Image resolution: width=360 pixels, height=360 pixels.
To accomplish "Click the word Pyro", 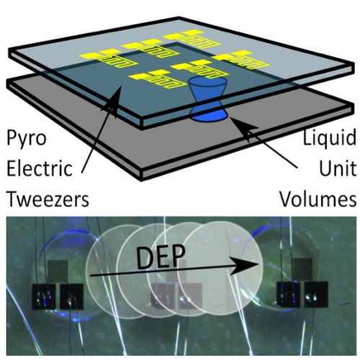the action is [27, 139].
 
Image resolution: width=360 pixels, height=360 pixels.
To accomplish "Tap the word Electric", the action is [40, 168].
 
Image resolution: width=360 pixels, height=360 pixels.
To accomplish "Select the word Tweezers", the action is [48, 199].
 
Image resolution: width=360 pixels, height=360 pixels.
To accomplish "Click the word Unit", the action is [338, 168].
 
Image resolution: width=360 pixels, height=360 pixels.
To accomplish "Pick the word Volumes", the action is [317, 199].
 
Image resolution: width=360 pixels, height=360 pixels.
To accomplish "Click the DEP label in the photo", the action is [161, 258].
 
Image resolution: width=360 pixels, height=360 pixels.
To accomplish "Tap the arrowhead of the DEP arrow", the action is [245, 265].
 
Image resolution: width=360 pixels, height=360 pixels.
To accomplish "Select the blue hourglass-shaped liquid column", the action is [208, 100].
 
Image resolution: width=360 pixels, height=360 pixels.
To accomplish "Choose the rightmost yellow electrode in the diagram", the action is [240, 60].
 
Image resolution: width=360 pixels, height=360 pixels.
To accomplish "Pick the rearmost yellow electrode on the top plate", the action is [193, 39].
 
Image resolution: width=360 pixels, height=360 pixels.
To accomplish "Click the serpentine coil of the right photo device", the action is [302, 268].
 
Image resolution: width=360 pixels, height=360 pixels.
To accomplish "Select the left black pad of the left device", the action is [44, 297].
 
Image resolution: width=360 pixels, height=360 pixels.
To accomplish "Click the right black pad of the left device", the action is [71, 297].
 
